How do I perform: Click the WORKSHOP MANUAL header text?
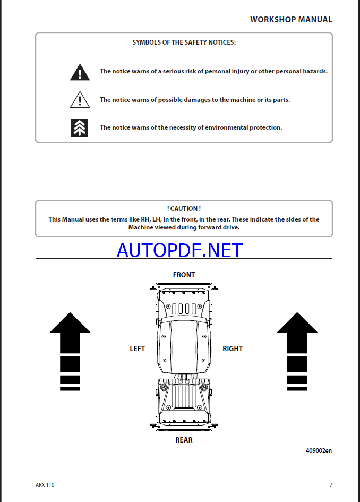click(x=291, y=20)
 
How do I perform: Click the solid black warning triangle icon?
click(x=80, y=72)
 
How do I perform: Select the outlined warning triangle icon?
click(x=80, y=99)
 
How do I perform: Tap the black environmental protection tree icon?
click(x=80, y=127)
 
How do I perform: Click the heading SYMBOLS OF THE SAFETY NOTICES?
click(x=184, y=42)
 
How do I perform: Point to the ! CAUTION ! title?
click(x=184, y=209)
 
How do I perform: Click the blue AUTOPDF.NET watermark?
click(x=180, y=250)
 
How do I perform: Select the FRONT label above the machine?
click(x=184, y=275)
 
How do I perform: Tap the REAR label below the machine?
click(x=184, y=440)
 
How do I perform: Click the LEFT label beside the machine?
click(x=138, y=348)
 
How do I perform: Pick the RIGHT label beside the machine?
click(x=233, y=348)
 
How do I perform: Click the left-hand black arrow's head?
click(x=70, y=324)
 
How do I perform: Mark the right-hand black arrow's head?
click(x=297, y=324)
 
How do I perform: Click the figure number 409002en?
click(x=319, y=450)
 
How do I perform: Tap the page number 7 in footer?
click(x=331, y=484)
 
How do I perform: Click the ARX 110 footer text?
click(x=45, y=484)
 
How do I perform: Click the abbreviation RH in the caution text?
click(x=145, y=219)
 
